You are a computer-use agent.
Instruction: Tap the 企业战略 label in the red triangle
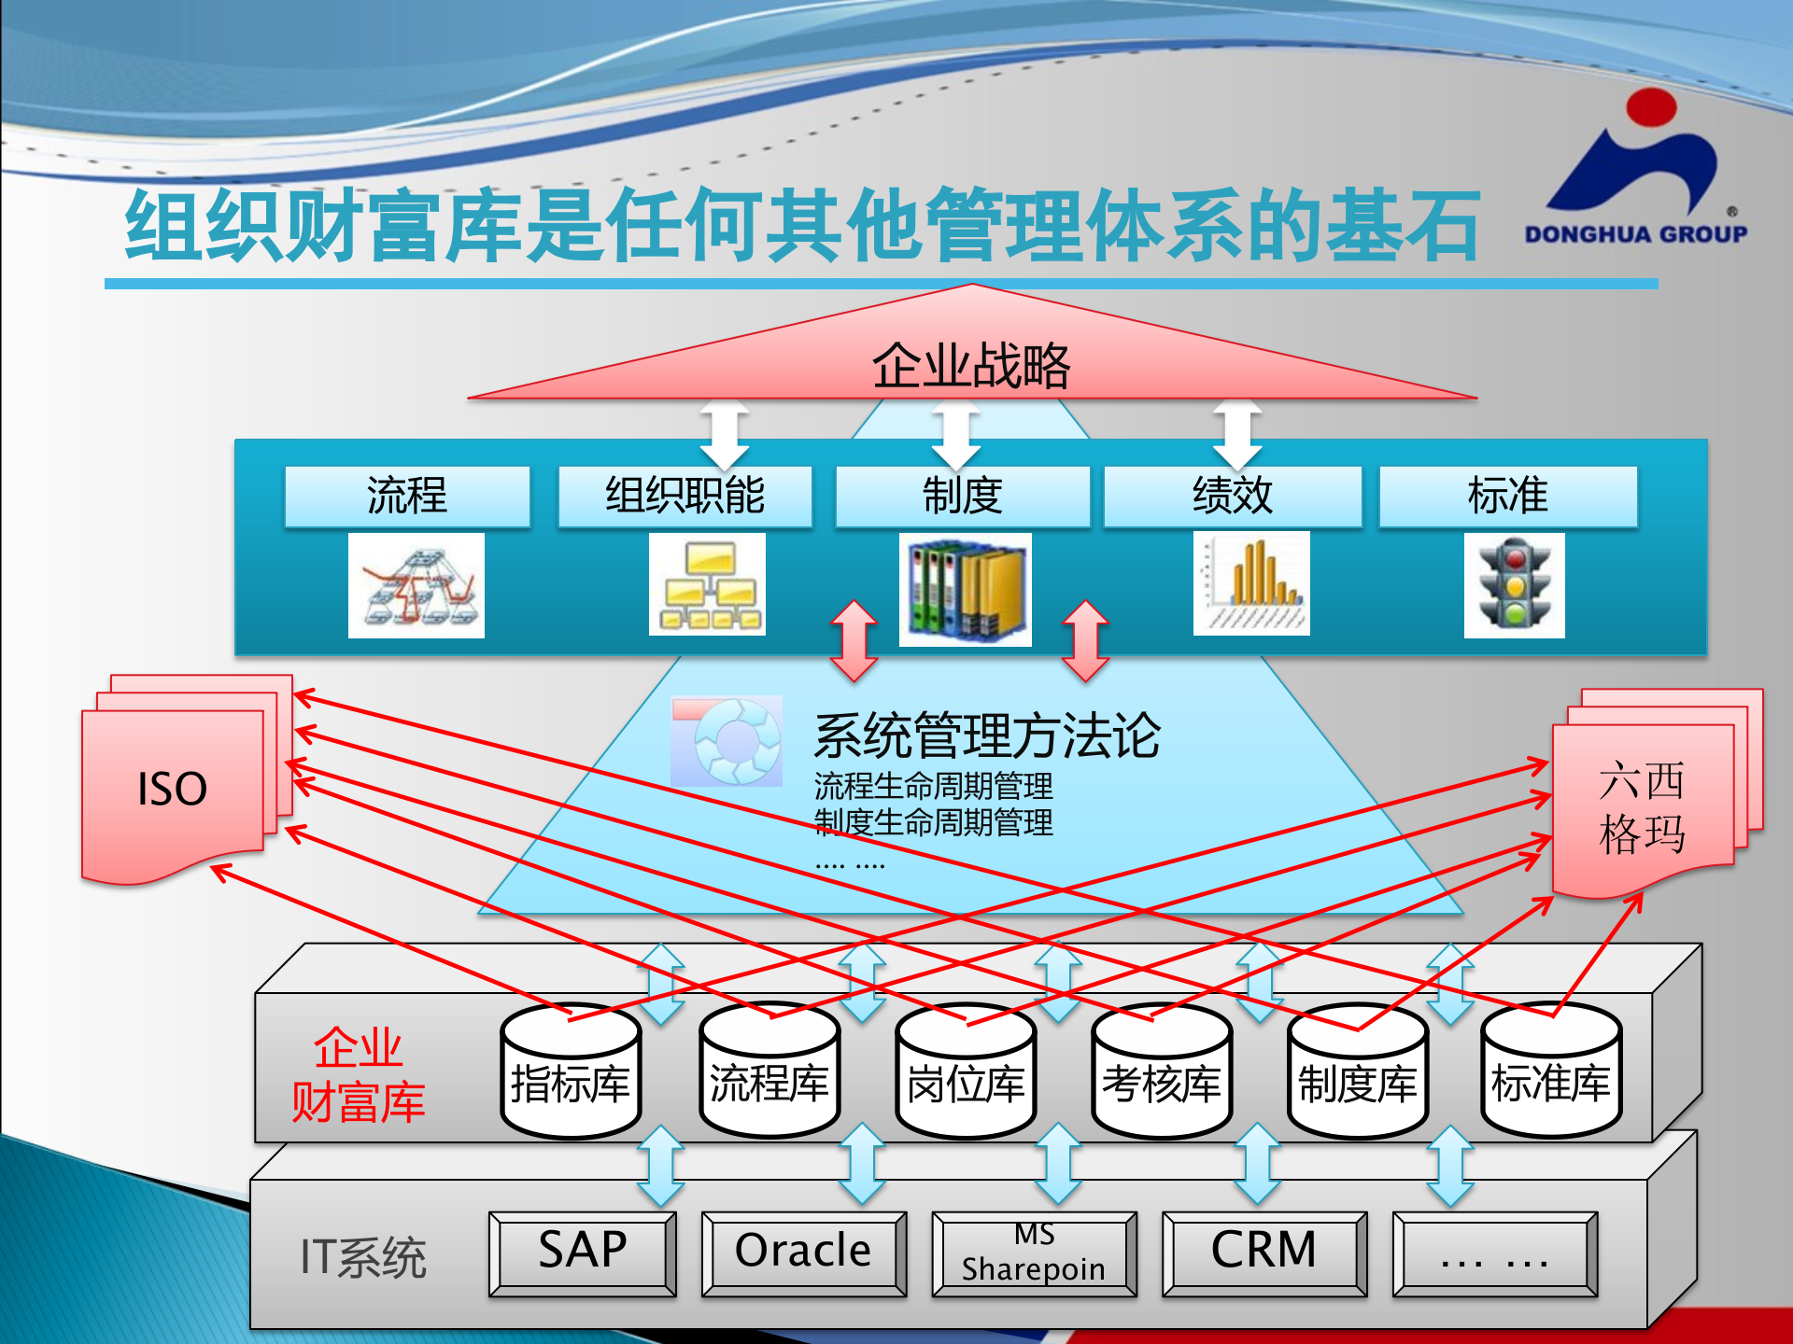pos(971,365)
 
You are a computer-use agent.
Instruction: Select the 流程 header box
pos(407,496)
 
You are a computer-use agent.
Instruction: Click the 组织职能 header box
pos(685,496)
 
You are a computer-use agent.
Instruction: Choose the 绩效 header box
pos(1232,496)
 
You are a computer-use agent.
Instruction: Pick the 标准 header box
pos(1507,496)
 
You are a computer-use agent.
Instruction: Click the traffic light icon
pos(1514,585)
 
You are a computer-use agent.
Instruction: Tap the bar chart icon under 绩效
pos(1251,583)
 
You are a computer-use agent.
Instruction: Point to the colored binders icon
pos(965,589)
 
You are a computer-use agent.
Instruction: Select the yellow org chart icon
pos(708,584)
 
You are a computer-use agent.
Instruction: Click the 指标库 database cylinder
pos(571,1073)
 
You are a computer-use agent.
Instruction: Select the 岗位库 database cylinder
pos(966,1073)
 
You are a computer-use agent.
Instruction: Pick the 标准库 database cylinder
pos(1551,1073)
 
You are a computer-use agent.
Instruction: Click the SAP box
pos(583,1253)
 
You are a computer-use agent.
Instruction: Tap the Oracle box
pos(803,1253)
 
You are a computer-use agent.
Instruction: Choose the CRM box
pos(1264,1253)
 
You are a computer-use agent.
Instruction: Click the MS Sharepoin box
pos(1034,1253)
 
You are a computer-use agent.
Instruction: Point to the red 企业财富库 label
pos(359,1074)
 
